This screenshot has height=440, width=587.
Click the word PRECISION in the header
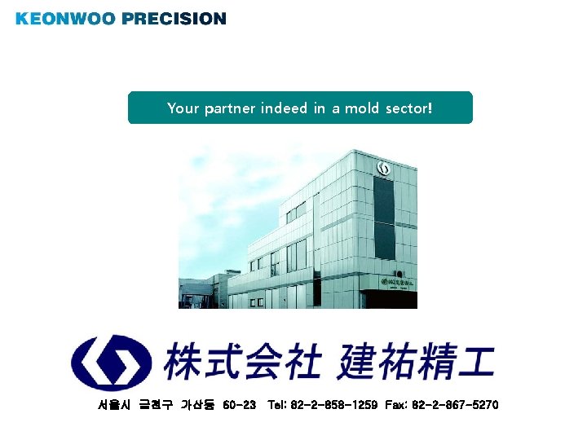coord(175,18)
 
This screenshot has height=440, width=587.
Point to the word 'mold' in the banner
coord(363,108)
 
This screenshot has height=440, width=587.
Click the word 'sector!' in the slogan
coord(409,108)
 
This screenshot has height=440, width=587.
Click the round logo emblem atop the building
coord(383,169)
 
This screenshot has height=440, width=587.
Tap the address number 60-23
coord(239,405)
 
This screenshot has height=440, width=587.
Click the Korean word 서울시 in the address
coord(113,405)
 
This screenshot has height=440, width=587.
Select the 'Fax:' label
coord(397,405)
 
